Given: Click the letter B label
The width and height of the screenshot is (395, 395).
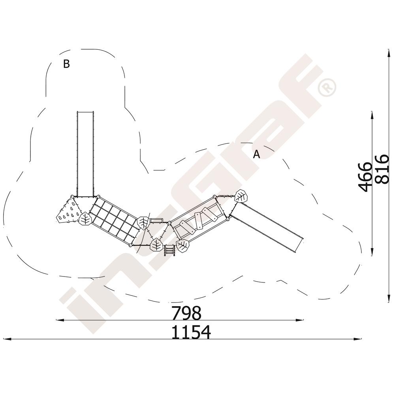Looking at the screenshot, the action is [x=66, y=64].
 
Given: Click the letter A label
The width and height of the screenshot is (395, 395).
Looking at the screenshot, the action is [x=256, y=154].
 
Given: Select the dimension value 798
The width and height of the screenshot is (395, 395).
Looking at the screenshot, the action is [x=186, y=313].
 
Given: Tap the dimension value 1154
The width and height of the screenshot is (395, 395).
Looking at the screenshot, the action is [x=191, y=332].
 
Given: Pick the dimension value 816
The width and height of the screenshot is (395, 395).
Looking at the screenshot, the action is [x=382, y=169].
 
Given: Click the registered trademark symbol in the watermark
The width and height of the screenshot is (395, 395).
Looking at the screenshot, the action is [x=327, y=88].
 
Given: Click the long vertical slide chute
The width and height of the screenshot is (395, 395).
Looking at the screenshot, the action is [x=85, y=154].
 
